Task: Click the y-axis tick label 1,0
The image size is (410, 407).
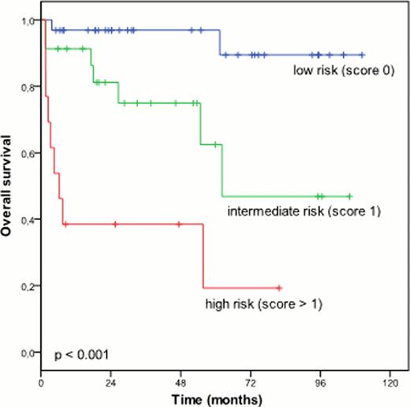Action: click(29, 21)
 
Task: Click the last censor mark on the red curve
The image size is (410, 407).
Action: click(279, 289)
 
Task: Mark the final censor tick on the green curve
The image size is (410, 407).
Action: click(349, 196)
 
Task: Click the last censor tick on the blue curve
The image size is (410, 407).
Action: click(362, 55)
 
